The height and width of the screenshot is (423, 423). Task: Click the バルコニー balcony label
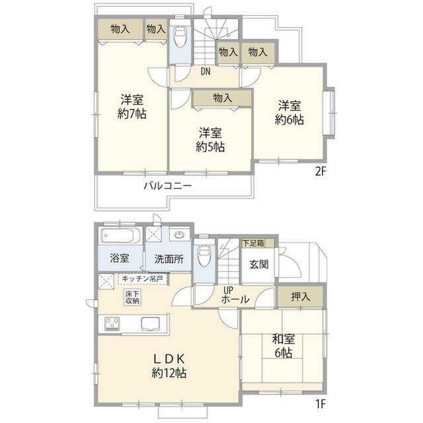(167, 186)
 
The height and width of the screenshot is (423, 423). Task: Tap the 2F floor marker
(321, 171)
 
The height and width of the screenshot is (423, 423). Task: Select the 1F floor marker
(321, 404)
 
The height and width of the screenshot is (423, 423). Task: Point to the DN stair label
(206, 71)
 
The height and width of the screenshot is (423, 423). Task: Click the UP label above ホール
(228, 291)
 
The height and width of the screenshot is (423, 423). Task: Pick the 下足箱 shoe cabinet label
(253, 243)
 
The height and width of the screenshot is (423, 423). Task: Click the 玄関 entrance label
(258, 264)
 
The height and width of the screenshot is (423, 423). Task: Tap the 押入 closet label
(301, 297)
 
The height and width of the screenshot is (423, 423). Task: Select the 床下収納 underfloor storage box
(132, 297)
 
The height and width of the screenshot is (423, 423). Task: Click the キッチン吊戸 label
(142, 279)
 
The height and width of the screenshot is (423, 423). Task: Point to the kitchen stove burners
(112, 323)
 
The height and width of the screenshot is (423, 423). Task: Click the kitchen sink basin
(151, 324)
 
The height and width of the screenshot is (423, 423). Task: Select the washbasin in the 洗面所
(179, 235)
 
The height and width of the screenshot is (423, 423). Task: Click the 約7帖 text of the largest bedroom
(132, 114)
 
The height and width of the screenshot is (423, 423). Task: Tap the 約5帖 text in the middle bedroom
(210, 147)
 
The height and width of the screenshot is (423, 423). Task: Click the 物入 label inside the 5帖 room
(223, 98)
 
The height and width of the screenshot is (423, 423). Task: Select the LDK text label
(169, 359)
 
